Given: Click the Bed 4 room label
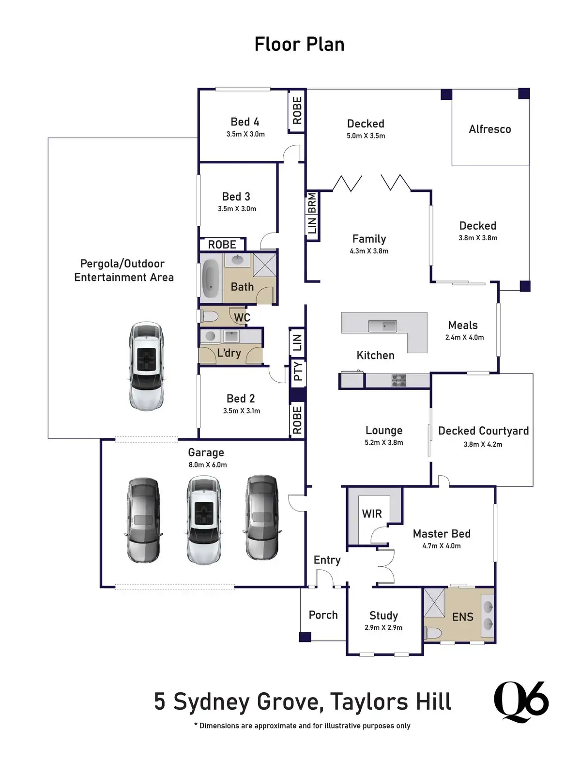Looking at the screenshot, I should point(245,122).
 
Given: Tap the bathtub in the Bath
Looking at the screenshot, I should point(211,279).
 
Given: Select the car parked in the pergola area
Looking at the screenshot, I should point(146,366).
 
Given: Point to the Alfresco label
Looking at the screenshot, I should point(489,129).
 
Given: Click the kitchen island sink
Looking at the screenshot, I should point(382,326).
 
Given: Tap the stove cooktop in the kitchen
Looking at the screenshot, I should point(398,380).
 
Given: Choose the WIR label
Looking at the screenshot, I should point(372,514).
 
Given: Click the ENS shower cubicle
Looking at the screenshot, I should point(434,602).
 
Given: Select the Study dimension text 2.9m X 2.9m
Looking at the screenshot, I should point(383,628).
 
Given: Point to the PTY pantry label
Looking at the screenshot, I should point(298,371).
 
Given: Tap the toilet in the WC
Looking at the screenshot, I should point(209,317).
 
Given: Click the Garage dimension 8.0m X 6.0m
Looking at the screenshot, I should point(207,465).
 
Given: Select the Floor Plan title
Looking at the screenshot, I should point(299,45).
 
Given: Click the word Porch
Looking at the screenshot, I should point(323,615).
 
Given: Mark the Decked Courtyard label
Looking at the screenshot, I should point(483,431).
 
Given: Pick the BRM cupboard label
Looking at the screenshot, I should point(312,202).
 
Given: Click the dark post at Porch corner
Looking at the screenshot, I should point(305,637).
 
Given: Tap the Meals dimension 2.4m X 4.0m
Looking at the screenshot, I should point(464,338).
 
